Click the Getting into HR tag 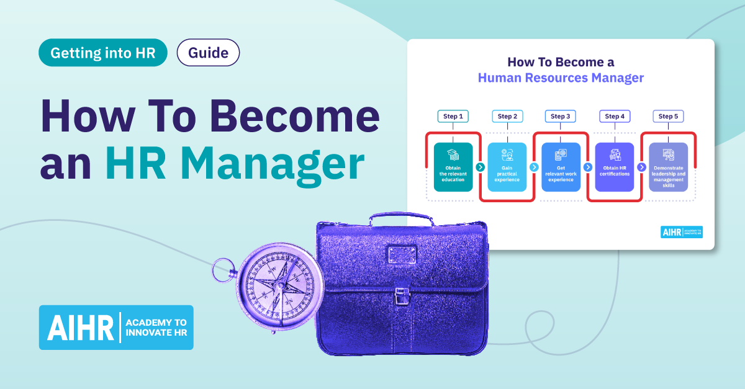coord(103,53)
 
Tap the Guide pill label coord(208,53)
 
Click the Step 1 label coord(453,116)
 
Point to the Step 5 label coord(668,116)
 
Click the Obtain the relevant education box coord(453,167)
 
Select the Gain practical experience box coord(507,167)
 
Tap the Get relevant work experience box coord(561,167)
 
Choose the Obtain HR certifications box coord(615,167)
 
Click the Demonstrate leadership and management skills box coord(669,167)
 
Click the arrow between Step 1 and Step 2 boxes coord(480,167)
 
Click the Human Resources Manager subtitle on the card coord(561,78)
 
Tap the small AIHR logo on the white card coord(681,232)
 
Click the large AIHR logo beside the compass coord(116,327)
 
